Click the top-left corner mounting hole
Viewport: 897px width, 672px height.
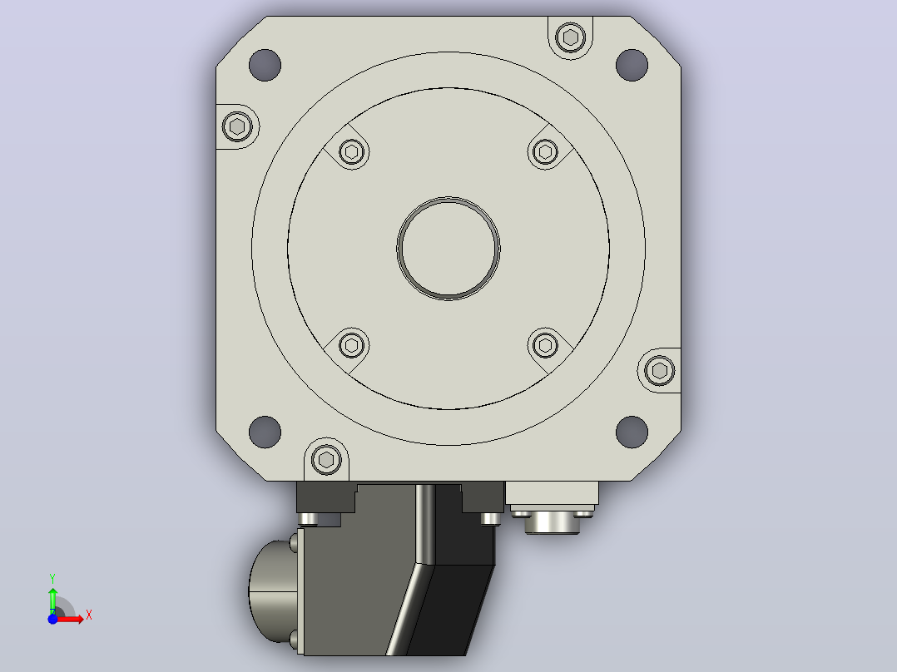[x=265, y=65]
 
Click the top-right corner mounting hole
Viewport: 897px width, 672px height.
[x=632, y=65]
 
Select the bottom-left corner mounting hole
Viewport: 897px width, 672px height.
[x=265, y=432]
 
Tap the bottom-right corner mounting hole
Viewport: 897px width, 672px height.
[x=632, y=432]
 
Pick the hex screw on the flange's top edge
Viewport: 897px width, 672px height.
[x=570, y=37]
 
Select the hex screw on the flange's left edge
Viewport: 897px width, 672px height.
[x=237, y=126]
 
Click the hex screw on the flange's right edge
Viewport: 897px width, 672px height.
[x=659, y=371]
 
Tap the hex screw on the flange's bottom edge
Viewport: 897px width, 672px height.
[x=326, y=459]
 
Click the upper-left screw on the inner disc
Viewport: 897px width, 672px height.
[x=351, y=152]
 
